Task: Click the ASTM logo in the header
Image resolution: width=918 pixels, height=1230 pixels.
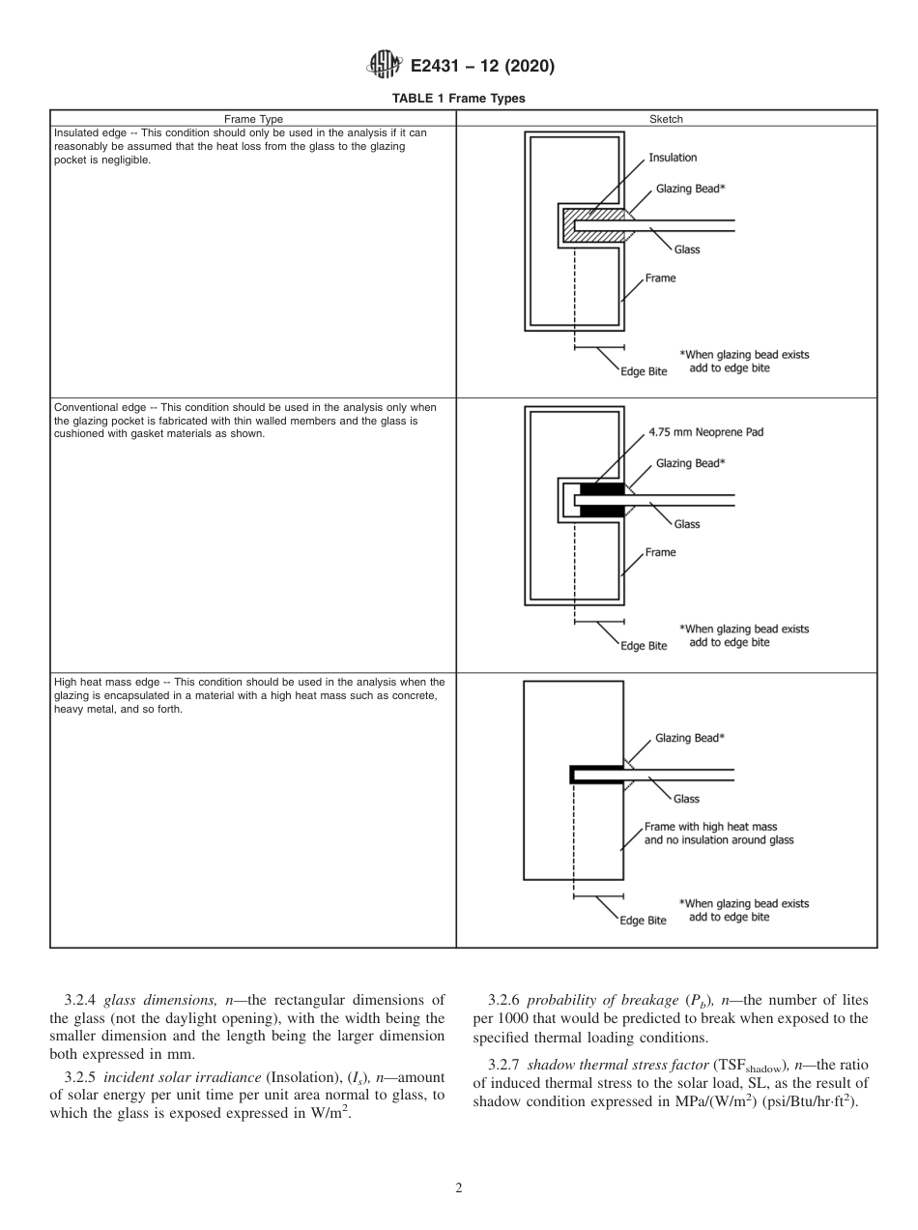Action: click(385, 66)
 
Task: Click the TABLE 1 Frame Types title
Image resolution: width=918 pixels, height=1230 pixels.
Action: click(459, 99)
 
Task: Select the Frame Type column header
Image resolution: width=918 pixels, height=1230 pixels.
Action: click(253, 119)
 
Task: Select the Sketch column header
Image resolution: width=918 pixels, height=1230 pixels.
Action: click(667, 119)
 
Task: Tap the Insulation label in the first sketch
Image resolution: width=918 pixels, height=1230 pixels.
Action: click(673, 158)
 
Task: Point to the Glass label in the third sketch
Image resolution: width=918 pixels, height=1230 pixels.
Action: click(686, 799)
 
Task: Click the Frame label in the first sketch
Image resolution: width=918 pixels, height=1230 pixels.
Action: click(660, 278)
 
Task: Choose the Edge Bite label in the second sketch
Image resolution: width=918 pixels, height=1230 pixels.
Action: click(644, 646)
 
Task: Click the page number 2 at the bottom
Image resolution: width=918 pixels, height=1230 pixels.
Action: click(459, 1188)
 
